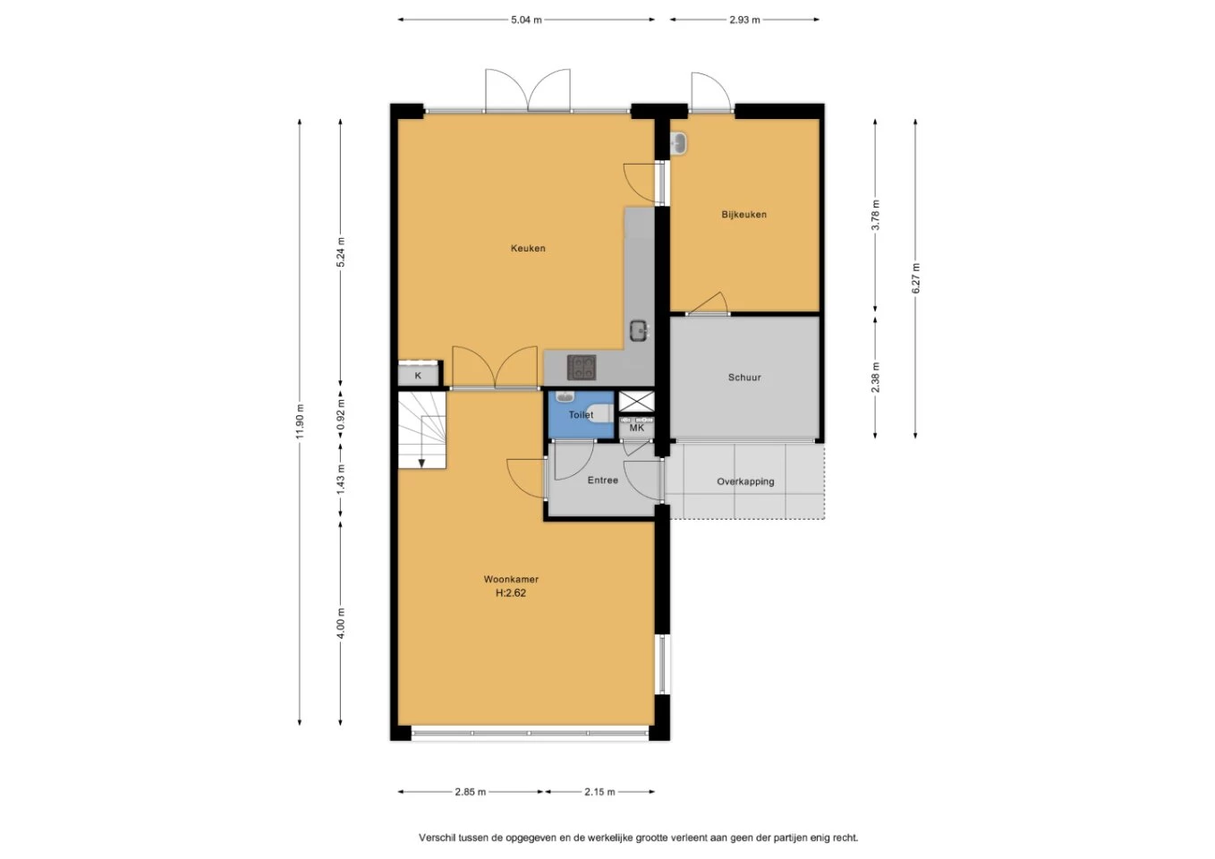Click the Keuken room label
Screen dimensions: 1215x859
(528, 249)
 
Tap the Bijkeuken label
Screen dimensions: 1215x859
(743, 214)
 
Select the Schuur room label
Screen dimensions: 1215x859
(744, 378)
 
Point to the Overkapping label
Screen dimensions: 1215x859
(745, 481)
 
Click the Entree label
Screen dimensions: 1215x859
(603, 480)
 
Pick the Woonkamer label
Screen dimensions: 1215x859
(511, 579)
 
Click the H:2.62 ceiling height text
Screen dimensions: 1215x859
(510, 592)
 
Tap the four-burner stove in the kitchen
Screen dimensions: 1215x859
(582, 367)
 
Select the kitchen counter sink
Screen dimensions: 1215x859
(639, 331)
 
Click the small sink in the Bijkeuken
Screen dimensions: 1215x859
(678, 144)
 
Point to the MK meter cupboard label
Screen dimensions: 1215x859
(637, 428)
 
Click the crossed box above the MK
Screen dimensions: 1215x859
(637, 401)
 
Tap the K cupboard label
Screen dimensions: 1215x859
(418, 375)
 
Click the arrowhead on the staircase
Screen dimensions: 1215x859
(421, 464)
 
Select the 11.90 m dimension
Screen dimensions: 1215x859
(300, 422)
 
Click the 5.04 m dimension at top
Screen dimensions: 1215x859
(526, 20)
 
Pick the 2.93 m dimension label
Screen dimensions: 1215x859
(744, 20)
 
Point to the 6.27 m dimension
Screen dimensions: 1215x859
(915, 278)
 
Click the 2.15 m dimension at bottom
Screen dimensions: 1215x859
(600, 792)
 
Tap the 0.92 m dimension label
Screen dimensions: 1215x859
(341, 415)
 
